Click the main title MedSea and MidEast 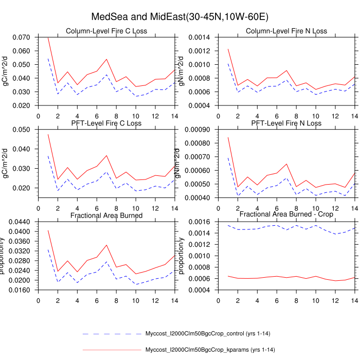pos(179,17)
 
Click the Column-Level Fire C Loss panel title pos(106,31)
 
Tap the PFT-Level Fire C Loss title pos(106,123)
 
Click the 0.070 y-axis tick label pos(22,38)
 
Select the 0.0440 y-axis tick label pos(20,222)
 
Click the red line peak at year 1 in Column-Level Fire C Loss pos(48,38)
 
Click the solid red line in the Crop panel pos(278,276)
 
